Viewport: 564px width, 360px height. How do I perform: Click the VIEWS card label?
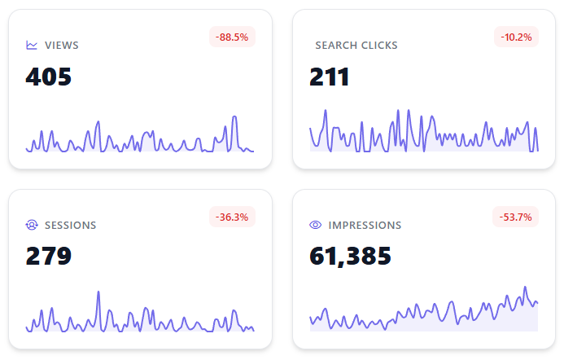[62, 46]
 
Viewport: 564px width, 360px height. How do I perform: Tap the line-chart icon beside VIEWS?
[32, 46]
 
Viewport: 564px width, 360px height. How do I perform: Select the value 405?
[49, 77]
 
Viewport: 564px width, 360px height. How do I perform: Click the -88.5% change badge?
[232, 37]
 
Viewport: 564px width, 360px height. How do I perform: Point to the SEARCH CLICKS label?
[356, 46]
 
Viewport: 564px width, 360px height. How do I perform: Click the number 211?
[330, 77]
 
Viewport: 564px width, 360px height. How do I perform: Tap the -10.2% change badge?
[516, 37]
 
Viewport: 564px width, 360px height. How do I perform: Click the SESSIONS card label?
[71, 226]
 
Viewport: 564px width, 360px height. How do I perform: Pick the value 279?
[49, 257]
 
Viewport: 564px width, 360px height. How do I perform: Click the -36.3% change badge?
[232, 217]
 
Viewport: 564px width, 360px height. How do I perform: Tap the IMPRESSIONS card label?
[365, 226]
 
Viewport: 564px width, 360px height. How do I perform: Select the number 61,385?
[351, 257]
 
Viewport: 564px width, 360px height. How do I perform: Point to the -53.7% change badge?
[516, 217]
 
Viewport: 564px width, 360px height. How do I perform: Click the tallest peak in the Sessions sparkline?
[98, 292]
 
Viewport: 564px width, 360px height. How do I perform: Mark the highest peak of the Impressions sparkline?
[526, 288]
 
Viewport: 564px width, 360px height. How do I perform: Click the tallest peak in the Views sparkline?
[234, 116]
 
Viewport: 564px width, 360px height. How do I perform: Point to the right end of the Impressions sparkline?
[538, 303]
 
